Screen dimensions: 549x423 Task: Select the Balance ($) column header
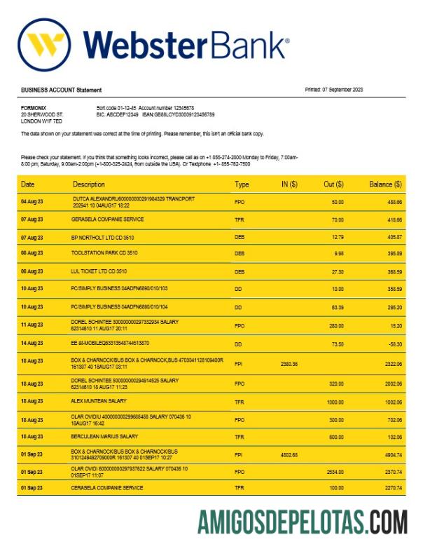(x=385, y=184)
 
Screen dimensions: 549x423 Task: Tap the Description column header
(x=89, y=184)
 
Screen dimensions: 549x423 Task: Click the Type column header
(x=242, y=184)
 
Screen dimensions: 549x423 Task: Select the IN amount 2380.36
(x=289, y=364)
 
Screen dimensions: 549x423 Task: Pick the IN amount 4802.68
(x=289, y=454)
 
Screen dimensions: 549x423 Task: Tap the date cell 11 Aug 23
(x=32, y=325)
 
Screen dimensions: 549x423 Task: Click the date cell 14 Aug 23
(x=32, y=344)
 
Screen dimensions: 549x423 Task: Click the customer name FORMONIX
(x=34, y=107)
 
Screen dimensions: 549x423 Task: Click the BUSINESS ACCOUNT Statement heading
(x=61, y=90)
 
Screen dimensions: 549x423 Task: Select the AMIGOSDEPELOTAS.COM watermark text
(x=303, y=522)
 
